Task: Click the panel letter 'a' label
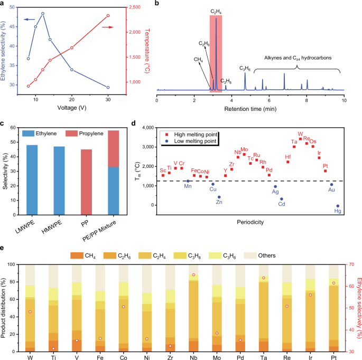tap(4, 4)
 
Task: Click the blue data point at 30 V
tap(108, 88)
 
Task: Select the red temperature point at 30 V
tap(108, 16)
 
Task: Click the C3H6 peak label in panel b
tap(245, 68)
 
